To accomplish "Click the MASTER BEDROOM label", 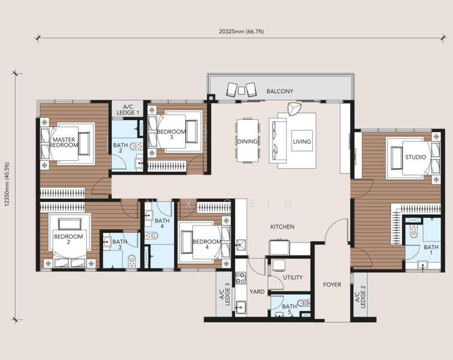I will [64, 142].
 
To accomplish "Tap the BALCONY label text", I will [280, 91].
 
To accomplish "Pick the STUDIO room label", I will [415, 157].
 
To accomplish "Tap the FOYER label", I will [332, 284].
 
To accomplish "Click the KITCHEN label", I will [282, 227].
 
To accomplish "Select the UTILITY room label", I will [292, 277].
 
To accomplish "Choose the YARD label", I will [257, 292].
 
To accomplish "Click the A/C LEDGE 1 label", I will [127, 109].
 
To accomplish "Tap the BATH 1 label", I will [431, 250].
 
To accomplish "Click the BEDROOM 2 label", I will [68, 239].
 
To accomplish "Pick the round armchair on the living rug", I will [294, 110].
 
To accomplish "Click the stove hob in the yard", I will [240, 278].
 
